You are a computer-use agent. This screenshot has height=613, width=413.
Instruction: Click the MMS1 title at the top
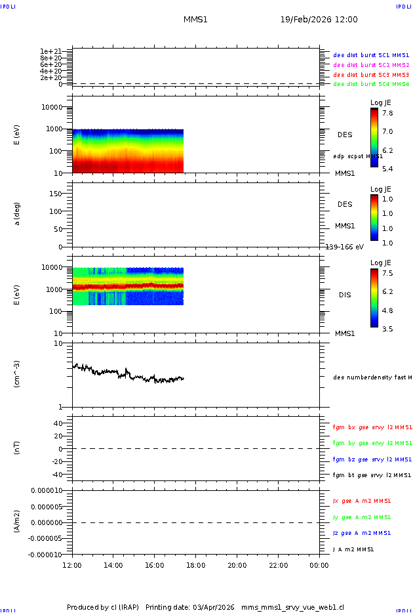(195, 20)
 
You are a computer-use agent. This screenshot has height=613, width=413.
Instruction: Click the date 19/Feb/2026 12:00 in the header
(319, 20)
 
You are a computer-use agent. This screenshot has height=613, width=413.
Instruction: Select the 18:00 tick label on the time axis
(196, 565)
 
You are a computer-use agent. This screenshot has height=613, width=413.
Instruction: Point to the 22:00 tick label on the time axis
(279, 565)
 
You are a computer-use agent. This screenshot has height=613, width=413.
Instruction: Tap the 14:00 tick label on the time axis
(113, 565)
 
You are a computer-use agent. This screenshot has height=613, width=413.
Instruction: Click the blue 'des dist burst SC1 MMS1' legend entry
(371, 56)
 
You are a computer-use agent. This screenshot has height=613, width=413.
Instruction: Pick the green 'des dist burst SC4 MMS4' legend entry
(371, 84)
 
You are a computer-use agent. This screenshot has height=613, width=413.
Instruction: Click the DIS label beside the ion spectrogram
(345, 295)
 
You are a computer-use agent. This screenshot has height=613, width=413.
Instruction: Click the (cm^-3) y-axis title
(18, 374)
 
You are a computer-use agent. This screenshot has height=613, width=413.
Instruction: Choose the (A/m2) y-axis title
(18, 522)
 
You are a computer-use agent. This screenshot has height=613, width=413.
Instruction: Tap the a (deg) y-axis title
(18, 214)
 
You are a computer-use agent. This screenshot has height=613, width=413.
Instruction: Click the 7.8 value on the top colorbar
(387, 113)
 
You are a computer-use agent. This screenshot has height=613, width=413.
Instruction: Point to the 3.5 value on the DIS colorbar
(387, 329)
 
